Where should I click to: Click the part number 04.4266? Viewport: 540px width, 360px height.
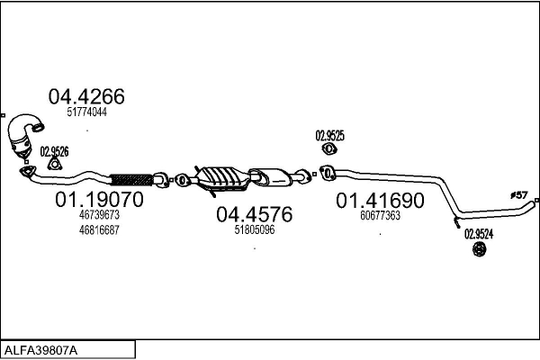coord(85,96)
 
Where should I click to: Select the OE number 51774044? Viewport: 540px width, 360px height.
coord(86,112)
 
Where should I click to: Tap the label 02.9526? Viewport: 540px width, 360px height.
coord(54,150)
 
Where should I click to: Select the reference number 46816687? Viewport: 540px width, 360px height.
coord(99,229)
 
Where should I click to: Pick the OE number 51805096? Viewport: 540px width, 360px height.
coord(254,229)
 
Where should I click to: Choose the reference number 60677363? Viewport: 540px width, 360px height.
coord(380,216)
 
